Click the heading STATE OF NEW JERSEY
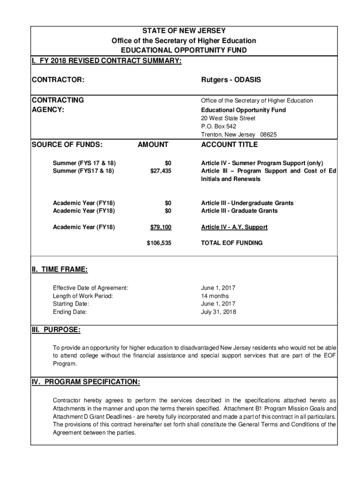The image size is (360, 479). coord(183,31)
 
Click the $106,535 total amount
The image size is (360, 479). coord(159,243)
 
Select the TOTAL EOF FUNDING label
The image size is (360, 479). coord(231,243)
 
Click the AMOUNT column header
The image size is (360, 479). coord(152,145)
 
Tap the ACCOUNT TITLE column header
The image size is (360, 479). coord(229,145)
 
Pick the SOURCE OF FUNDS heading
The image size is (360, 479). coord(67,145)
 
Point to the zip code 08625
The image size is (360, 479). coord(269,135)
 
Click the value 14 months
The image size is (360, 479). coord(215,296)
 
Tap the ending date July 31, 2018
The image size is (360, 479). coord(219,312)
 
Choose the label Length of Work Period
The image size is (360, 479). coord(83,296)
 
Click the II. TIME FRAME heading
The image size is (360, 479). coord(59,269)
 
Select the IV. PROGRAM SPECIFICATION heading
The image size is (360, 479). coord(86,382)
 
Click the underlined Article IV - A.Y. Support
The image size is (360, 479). coord(234,227)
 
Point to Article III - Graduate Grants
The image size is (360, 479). coord(239,211)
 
